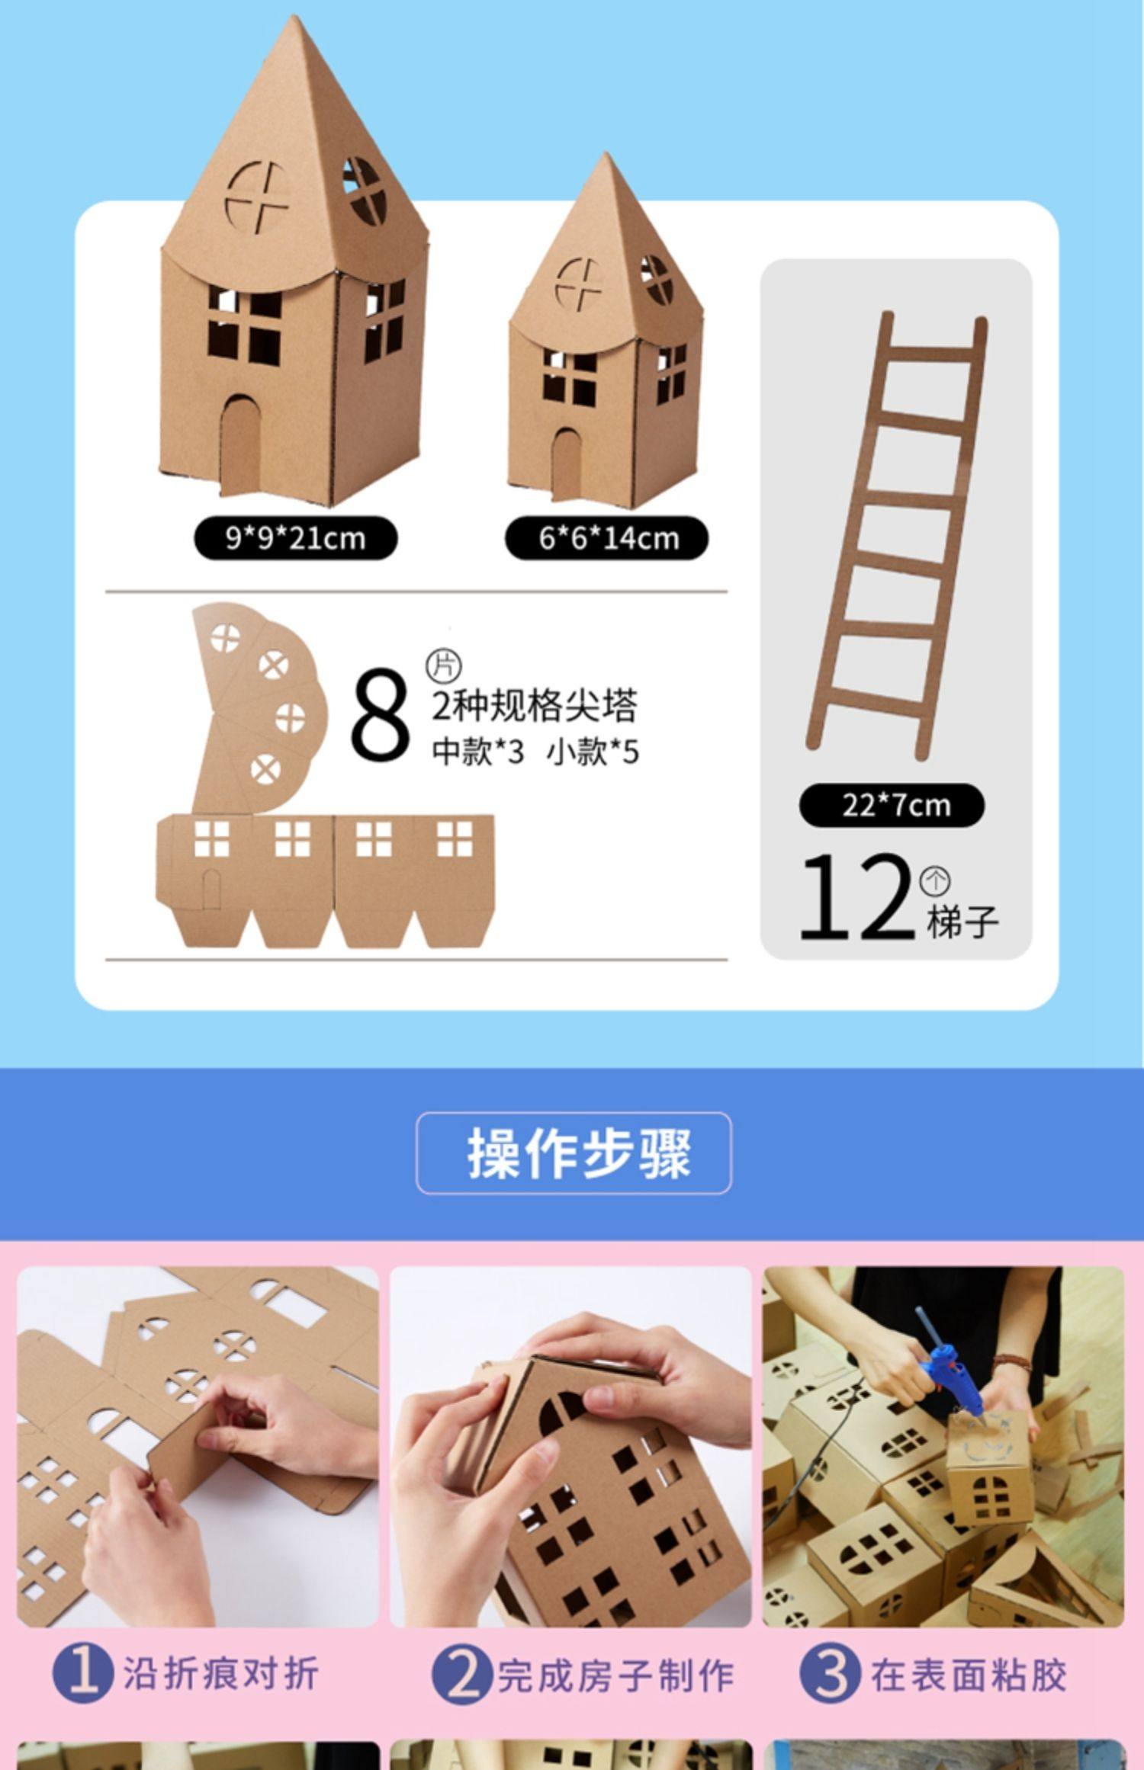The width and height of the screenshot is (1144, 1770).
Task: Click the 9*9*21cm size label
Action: pyautogui.click(x=295, y=538)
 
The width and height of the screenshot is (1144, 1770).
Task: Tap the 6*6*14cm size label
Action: pyautogui.click(x=607, y=538)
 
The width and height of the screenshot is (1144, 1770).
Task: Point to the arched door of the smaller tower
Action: pyautogui.click(x=567, y=465)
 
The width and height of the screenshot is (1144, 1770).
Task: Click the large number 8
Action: pyautogui.click(x=380, y=714)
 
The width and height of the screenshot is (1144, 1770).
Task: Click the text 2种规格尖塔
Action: pyautogui.click(x=534, y=705)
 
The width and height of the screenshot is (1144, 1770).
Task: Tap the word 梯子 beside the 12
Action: pyautogui.click(x=962, y=921)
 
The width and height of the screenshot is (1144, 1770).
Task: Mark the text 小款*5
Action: pyautogui.click(x=593, y=752)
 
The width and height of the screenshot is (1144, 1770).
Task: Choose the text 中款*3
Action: pyautogui.click(x=478, y=752)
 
